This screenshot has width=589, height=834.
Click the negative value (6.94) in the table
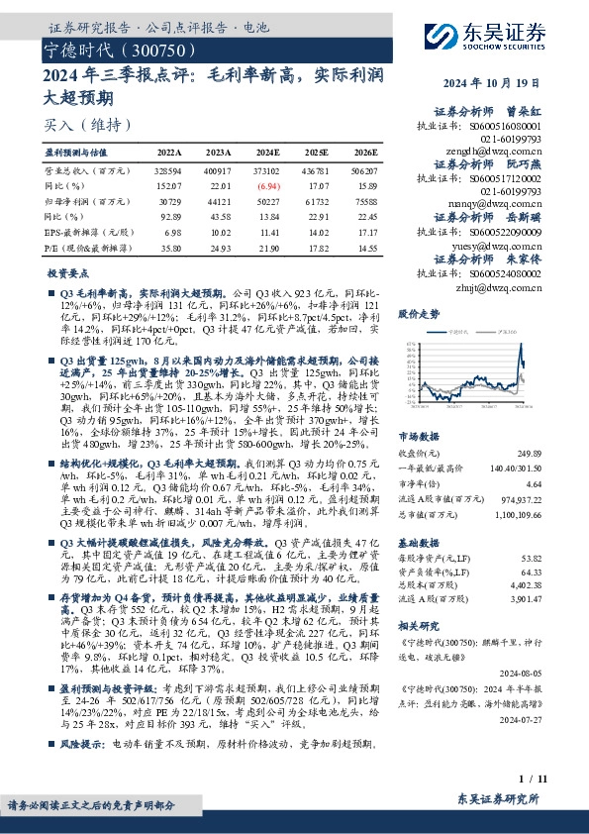tap(267, 185)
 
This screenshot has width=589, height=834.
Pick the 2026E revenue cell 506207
tap(359, 170)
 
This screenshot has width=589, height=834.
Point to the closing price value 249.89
tap(529, 452)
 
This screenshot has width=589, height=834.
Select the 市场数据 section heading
tap(418, 436)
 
